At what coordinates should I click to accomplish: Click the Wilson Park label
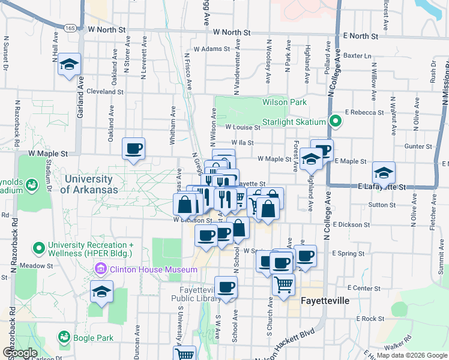(x=284, y=102)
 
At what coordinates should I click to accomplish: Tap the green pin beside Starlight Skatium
(x=336, y=122)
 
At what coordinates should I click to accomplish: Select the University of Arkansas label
(x=88, y=184)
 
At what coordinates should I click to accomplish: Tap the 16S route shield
(x=70, y=28)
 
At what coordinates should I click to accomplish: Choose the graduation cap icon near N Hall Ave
(x=70, y=65)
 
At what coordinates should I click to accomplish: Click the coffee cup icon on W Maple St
(x=133, y=148)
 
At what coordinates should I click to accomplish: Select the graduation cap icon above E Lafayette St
(x=384, y=173)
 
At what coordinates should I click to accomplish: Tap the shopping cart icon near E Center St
(x=283, y=284)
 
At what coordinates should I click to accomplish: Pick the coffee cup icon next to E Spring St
(x=305, y=256)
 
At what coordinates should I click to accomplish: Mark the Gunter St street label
(x=414, y=146)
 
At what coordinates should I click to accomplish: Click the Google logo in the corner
(x=19, y=353)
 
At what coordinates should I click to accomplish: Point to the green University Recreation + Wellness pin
(x=40, y=247)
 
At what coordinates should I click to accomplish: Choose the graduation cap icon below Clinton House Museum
(x=102, y=293)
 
